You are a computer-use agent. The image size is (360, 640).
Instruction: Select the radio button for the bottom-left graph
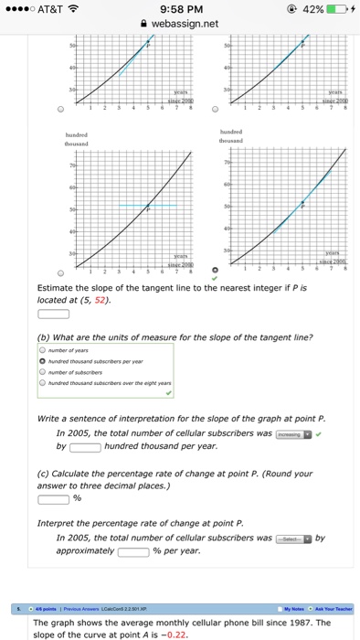(61, 272)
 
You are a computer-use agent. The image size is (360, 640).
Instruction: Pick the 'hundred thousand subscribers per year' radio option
(42, 359)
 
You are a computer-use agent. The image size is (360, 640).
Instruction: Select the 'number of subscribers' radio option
(42, 370)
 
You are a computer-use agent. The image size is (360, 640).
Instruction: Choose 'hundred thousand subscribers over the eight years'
(42, 381)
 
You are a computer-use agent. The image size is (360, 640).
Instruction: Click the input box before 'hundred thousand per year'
(85, 447)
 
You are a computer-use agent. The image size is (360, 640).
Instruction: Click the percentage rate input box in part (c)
(53, 499)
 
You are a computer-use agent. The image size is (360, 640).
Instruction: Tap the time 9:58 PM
(180, 10)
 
